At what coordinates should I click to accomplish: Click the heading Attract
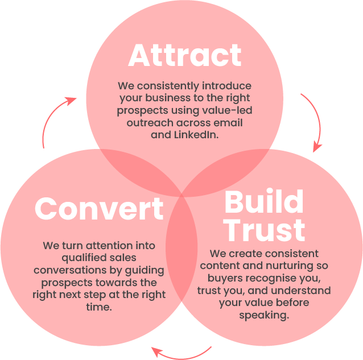[x=185, y=56]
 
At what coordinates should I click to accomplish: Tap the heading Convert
[x=99, y=209]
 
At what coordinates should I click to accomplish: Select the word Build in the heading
[x=263, y=202]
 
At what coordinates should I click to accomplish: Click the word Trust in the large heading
[x=263, y=230]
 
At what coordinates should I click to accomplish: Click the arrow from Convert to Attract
[x=55, y=119]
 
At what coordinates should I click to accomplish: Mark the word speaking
[x=263, y=315]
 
